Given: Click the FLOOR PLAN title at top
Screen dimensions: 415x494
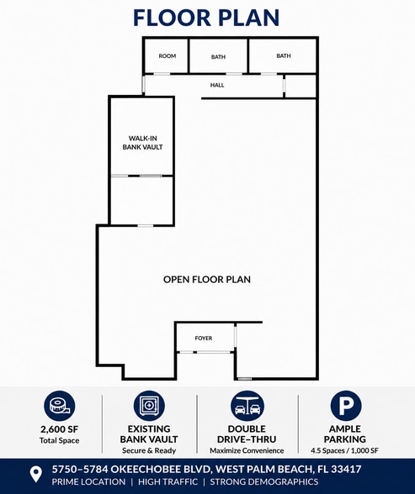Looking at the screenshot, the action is (206, 18).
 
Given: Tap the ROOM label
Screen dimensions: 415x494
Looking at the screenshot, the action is (168, 56).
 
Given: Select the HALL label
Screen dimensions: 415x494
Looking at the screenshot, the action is (217, 85).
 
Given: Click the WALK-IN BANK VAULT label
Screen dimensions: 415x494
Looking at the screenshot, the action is (142, 143).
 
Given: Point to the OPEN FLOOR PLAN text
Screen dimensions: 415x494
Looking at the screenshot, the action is (207, 280).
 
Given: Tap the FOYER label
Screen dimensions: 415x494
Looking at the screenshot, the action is (204, 338).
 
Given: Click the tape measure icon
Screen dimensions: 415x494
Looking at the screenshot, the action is (59, 406).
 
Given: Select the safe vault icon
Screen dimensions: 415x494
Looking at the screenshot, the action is (149, 406).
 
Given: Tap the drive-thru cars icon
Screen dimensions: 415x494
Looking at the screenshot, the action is (247, 406).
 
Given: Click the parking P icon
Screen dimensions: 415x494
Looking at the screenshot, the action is (346, 406).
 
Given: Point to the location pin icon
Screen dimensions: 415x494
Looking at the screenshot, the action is (35, 474).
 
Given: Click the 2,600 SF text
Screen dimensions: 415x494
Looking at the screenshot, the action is (59, 429).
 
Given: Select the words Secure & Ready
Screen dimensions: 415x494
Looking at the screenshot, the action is (149, 450).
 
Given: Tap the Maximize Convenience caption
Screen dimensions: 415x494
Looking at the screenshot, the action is (247, 450).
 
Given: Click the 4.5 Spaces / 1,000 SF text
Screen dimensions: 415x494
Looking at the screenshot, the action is (344, 450).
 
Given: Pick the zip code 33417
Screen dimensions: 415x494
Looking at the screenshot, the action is (346, 470).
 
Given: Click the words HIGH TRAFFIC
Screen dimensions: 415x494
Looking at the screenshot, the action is (168, 482).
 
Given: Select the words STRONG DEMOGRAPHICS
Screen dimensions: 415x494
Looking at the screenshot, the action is (264, 482).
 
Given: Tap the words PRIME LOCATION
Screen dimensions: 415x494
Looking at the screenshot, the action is (88, 482).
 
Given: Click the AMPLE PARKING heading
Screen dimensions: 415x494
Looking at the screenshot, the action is (344, 434).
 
